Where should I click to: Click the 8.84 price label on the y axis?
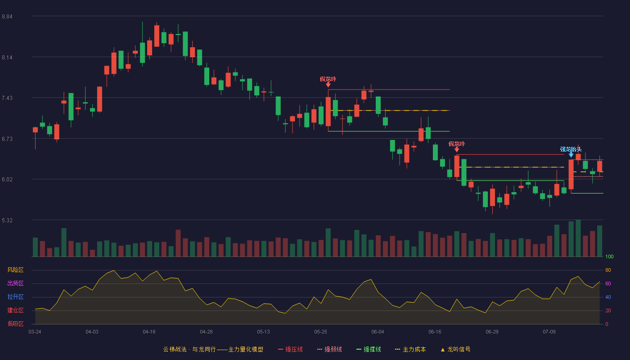click(x=7, y=17)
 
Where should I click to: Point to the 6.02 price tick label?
click(x=7, y=180)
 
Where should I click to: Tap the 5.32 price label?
click(x=7, y=220)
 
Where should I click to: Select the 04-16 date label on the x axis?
click(x=149, y=332)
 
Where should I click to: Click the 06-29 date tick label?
click(x=492, y=332)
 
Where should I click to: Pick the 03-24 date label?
click(x=35, y=332)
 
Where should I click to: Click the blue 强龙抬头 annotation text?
click(x=571, y=149)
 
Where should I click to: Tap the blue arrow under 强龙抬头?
click(x=571, y=155)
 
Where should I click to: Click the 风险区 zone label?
click(x=15, y=270)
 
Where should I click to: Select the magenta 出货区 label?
click(x=15, y=283)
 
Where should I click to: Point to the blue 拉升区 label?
click(x=15, y=297)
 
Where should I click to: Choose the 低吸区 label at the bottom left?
click(x=15, y=324)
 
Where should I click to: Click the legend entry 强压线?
click(x=290, y=349)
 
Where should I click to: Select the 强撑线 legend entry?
click(x=369, y=349)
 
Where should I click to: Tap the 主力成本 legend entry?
click(x=410, y=349)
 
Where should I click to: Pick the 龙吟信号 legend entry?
click(x=455, y=349)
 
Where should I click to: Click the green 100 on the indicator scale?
click(x=609, y=256)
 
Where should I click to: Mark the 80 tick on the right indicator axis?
click(x=608, y=270)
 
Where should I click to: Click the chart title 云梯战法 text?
click(x=175, y=349)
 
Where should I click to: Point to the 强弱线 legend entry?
click(x=329, y=349)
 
